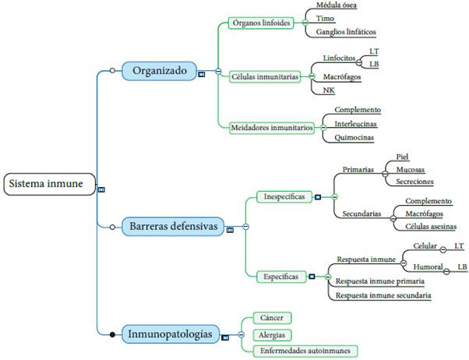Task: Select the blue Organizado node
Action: (x=159, y=71)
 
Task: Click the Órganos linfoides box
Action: (x=262, y=23)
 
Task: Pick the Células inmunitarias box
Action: (x=265, y=76)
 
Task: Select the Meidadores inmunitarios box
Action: (x=272, y=127)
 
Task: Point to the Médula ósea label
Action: (x=337, y=5)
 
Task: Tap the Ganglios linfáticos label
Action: (x=346, y=32)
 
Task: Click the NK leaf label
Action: (x=329, y=90)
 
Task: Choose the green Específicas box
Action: (x=281, y=276)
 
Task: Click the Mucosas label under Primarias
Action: (x=411, y=168)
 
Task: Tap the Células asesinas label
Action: (x=430, y=226)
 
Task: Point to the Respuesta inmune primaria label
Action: (x=379, y=281)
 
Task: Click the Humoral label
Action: (x=428, y=267)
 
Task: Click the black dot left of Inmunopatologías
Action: (x=112, y=334)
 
